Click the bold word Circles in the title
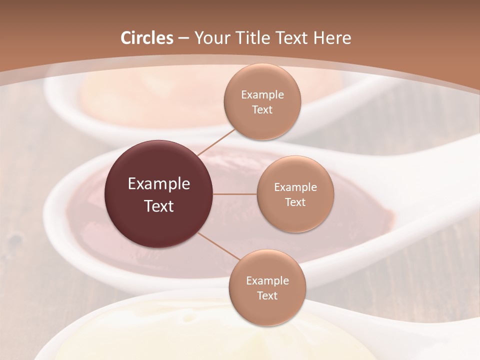click(x=147, y=38)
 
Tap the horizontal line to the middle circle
click(x=235, y=194)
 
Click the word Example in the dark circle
click(x=159, y=184)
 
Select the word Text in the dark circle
click(x=159, y=206)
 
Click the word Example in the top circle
click(x=262, y=95)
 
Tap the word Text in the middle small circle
click(x=295, y=202)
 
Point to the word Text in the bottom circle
click(x=267, y=295)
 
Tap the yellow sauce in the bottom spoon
click(x=150, y=335)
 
